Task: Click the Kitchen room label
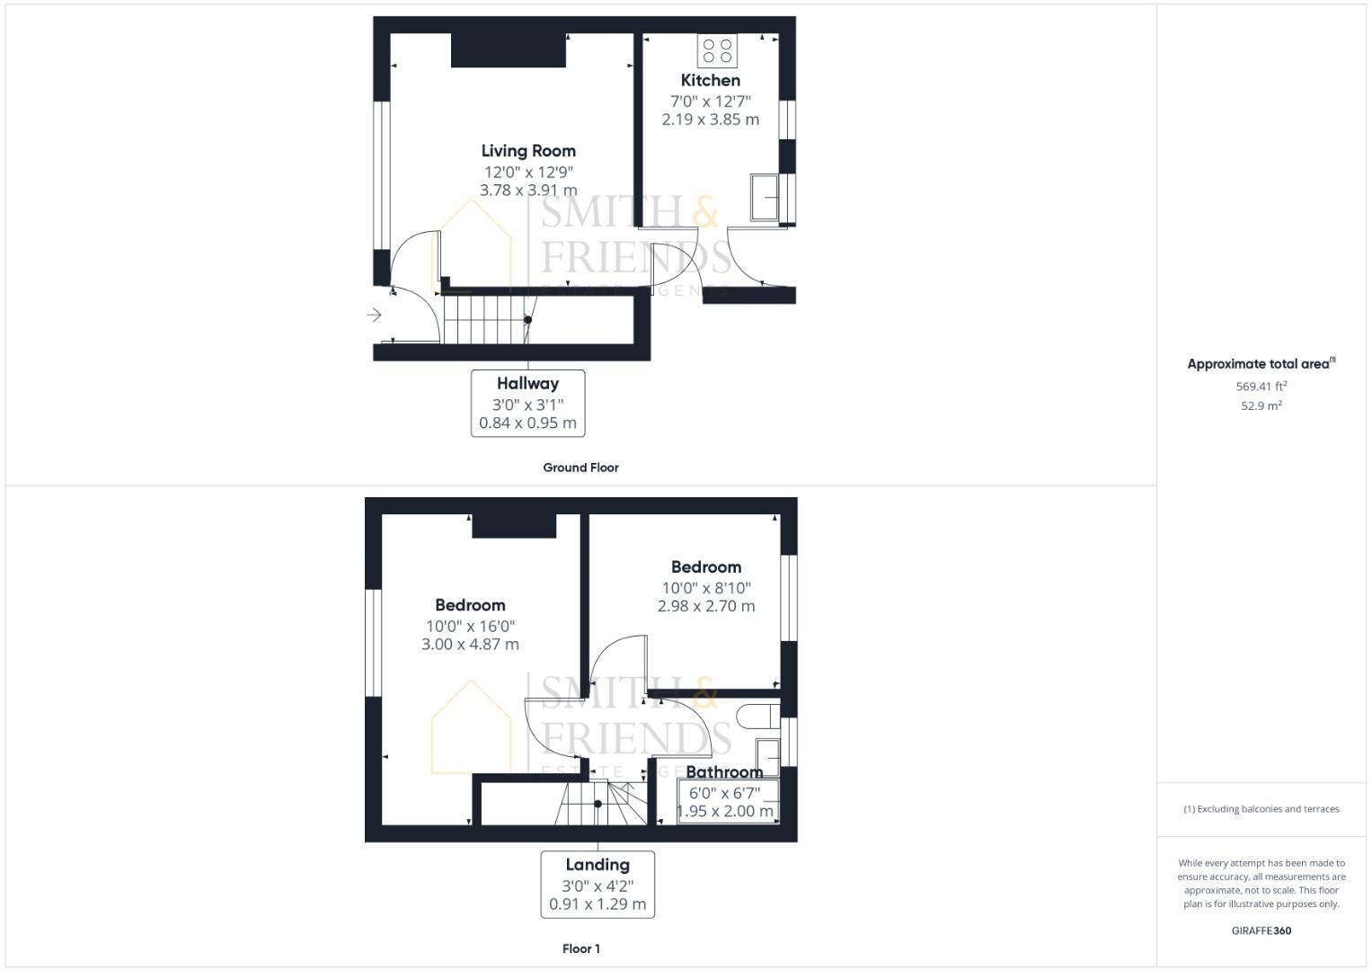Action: (711, 80)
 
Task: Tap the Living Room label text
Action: (528, 151)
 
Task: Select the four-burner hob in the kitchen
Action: (717, 51)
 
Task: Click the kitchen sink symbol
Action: (765, 198)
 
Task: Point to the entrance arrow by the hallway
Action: (375, 315)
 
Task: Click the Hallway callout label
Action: (528, 404)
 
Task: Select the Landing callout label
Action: (597, 885)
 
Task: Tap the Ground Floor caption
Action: (580, 468)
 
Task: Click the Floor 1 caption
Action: (581, 949)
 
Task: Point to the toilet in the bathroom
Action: (758, 717)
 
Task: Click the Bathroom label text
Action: (724, 771)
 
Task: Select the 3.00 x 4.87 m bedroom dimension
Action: (471, 645)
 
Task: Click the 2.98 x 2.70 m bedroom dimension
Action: (706, 606)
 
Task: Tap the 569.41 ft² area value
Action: (1261, 387)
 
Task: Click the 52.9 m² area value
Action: (1261, 405)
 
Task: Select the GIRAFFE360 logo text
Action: (1261, 931)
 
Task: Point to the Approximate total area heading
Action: (1261, 363)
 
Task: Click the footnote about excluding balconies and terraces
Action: (1261, 809)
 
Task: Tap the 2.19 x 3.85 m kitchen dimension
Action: (711, 120)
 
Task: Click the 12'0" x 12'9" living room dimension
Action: (528, 173)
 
